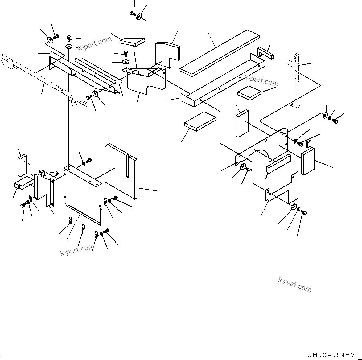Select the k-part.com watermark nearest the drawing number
pyautogui.click(x=294, y=284)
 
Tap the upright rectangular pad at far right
pyautogui.click(x=308, y=161)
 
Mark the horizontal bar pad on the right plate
pyautogui.click(x=278, y=163)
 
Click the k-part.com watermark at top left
pyautogui.click(x=95, y=44)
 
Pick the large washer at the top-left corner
pyautogui.click(x=49, y=40)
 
